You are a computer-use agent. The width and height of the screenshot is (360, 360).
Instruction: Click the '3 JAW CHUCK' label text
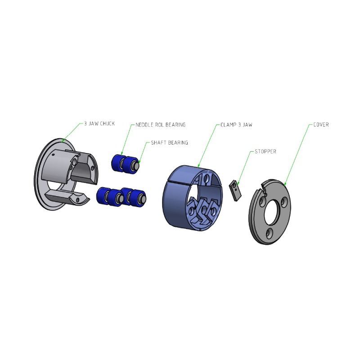[99, 124]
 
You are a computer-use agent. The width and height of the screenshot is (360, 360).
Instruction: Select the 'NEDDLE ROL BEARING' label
[161, 125]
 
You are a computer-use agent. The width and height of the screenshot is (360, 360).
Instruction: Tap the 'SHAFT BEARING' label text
[170, 143]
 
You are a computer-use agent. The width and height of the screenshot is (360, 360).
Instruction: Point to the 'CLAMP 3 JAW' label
[236, 125]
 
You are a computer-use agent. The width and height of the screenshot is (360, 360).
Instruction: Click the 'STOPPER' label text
[265, 152]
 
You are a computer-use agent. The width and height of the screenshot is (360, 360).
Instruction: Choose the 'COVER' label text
[321, 125]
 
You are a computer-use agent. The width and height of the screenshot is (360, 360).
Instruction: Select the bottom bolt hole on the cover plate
[269, 234]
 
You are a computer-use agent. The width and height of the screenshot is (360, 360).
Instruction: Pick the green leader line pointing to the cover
[298, 155]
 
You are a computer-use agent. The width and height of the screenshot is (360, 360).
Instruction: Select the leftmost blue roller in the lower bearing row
[103, 195]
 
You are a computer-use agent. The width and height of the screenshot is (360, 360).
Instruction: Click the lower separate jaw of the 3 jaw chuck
[67, 197]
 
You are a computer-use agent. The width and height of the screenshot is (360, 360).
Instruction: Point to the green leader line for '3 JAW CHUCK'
[72, 132]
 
